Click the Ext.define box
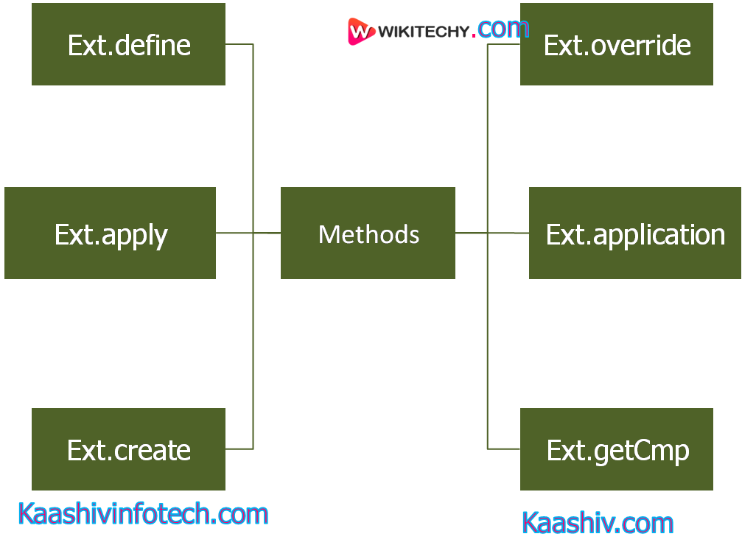click(x=128, y=44)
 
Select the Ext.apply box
click(x=110, y=233)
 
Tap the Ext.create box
click(x=128, y=449)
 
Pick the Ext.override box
click(x=617, y=44)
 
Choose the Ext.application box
click(x=634, y=233)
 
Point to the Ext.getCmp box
click(x=617, y=449)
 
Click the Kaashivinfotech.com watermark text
click(x=142, y=513)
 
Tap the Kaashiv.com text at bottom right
click(x=598, y=523)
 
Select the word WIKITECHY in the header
click(x=423, y=32)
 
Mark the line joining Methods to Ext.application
click(x=508, y=233)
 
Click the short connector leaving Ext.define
click(x=239, y=44)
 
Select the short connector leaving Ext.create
click(x=239, y=449)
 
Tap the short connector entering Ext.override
click(x=504, y=44)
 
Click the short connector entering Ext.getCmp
click(x=504, y=449)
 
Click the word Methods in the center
click(x=368, y=234)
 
